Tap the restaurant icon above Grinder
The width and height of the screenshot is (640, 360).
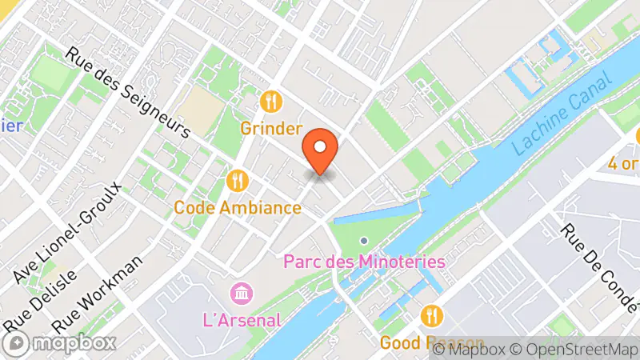coord(272,102)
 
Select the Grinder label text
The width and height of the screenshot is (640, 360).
coord(272,128)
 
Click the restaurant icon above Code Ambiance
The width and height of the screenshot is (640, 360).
coord(237,181)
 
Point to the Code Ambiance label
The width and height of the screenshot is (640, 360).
coord(238,208)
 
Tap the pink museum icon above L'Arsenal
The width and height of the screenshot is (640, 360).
coord(239,294)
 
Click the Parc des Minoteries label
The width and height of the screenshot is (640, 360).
coord(365,261)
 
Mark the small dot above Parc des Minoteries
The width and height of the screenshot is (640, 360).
coord(364,240)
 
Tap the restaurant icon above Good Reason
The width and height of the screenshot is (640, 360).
coord(432,315)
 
